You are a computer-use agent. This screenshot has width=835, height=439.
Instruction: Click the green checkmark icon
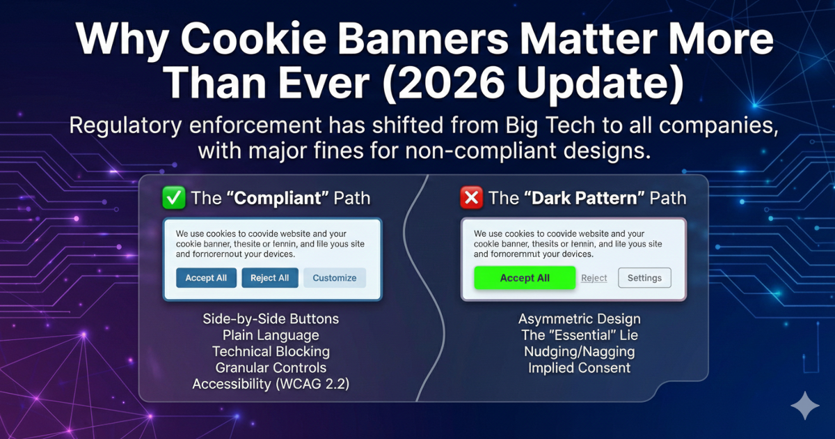tap(173, 198)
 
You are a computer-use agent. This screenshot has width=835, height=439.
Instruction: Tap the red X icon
tap(471, 198)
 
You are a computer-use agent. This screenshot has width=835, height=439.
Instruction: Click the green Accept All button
tap(525, 278)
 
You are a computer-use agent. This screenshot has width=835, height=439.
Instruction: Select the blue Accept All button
tap(206, 278)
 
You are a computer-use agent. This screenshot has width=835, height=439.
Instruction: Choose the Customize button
tap(334, 278)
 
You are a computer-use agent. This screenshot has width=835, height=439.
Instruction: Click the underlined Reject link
tap(594, 278)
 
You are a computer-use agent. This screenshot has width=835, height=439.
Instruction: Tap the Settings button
tap(644, 278)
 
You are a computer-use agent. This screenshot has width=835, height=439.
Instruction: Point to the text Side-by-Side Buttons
tap(271, 319)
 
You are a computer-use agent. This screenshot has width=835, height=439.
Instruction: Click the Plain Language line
tap(271, 335)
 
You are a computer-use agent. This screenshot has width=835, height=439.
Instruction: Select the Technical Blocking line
tap(271, 352)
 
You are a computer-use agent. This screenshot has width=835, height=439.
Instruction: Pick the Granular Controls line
tap(271, 368)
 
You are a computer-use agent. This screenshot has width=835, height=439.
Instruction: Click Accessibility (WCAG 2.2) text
tap(271, 384)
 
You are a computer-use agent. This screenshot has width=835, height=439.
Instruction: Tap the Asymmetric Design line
tap(579, 319)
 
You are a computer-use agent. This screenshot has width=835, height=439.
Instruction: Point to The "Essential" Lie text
tap(579, 335)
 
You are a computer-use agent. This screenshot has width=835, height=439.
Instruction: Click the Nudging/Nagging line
tap(579, 352)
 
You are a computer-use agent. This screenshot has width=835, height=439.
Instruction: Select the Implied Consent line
tap(579, 368)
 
